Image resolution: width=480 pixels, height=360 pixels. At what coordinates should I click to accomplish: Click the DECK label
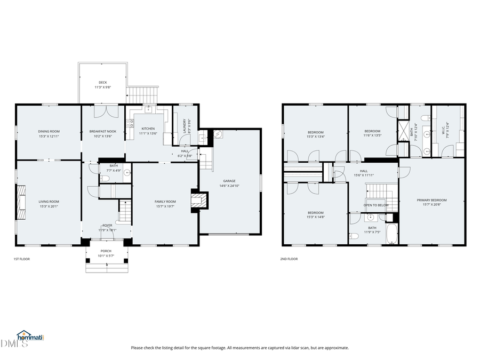[x=102, y=83]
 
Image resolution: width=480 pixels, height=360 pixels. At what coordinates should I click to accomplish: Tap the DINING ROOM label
[x=49, y=131]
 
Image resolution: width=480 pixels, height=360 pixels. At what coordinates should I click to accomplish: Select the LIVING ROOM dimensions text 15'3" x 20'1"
[x=49, y=206]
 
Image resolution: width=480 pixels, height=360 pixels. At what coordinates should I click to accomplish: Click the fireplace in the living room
[x=21, y=202]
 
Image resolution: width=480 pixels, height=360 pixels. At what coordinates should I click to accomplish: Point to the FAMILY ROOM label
[x=165, y=201]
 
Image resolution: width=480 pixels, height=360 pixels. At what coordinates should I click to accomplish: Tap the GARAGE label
[x=229, y=181]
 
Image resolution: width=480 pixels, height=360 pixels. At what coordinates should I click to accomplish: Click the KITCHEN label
[x=148, y=129]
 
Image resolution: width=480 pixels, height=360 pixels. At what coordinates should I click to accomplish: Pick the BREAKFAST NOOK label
[x=103, y=131]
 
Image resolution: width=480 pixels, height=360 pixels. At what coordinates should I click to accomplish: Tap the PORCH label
[x=106, y=251]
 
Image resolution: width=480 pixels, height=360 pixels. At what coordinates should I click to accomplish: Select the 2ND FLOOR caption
[x=289, y=259]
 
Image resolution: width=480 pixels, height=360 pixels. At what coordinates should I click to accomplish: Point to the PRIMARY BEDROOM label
[x=431, y=200]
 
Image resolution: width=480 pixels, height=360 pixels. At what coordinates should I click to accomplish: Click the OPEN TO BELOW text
[x=375, y=205]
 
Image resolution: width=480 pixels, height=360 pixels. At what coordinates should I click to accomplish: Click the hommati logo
[x=30, y=337]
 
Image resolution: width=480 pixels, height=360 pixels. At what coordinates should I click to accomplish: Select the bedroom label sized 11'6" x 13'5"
[x=372, y=131]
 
